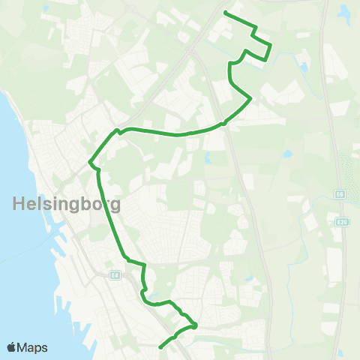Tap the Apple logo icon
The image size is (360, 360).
coord(12,347)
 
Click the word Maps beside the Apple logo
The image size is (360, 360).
coord(34,347)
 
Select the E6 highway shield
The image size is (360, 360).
coord(339,194)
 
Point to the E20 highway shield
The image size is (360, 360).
coord(342,222)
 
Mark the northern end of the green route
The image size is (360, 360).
coord(226,12)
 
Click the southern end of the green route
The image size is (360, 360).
coord(160,346)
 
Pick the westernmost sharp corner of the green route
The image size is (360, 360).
coord(90,162)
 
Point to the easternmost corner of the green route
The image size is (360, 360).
coord(271,46)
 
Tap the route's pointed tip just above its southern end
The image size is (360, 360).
coord(195,325)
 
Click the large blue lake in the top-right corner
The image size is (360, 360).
coord(344,13)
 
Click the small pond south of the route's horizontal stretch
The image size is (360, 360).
coord(207,158)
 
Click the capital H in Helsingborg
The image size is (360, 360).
coord(19,202)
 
